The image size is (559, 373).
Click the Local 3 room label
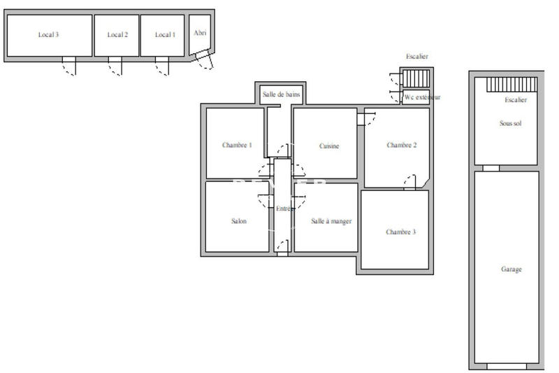[x=48, y=34]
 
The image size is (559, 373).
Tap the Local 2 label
[x=117, y=34]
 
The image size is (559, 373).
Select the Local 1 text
[x=165, y=34]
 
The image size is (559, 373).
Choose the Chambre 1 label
[x=237, y=146]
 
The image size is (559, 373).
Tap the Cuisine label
[x=329, y=146]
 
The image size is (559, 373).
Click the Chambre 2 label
[x=401, y=146]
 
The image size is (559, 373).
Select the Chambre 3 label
[x=400, y=232]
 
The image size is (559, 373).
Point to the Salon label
[x=239, y=221]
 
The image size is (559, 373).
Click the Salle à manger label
[x=331, y=221]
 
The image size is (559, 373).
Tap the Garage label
[x=511, y=269]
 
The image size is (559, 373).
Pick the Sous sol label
[x=511, y=123]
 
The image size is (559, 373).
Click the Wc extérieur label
[x=422, y=98]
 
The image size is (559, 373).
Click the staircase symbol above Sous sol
[x=512, y=85]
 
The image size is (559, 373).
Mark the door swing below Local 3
[x=68, y=66]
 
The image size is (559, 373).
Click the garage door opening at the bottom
[x=506, y=366]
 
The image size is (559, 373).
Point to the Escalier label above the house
[x=416, y=56]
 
